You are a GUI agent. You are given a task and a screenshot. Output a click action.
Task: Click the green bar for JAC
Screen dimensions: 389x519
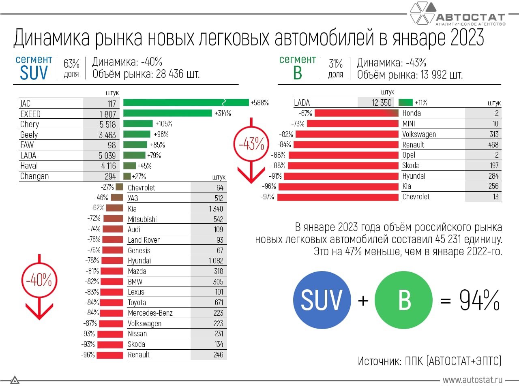[x=186, y=103]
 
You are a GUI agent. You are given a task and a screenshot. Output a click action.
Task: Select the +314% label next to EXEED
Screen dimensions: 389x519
[x=223, y=113]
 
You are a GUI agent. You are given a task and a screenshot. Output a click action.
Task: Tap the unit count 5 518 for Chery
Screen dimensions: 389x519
[x=107, y=124]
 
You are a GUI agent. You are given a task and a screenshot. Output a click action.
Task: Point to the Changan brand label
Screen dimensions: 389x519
[x=34, y=176]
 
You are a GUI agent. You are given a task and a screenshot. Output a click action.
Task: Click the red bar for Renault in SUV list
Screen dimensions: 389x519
[x=110, y=355]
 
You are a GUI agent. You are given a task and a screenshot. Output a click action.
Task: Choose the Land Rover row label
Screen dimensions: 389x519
[x=144, y=240]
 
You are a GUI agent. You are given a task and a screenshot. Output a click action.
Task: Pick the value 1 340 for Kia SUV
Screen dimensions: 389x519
[x=216, y=209]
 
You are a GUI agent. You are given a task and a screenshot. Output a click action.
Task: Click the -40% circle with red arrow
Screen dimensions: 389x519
[x=39, y=280]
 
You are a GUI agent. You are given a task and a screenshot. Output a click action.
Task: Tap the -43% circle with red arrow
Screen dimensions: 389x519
[x=251, y=144]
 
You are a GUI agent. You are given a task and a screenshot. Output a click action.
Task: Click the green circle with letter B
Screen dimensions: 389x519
[x=404, y=300]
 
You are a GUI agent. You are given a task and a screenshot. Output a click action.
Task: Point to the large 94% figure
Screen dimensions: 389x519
[x=479, y=300]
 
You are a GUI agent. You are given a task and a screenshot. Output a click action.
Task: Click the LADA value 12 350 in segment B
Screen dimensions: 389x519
[x=382, y=103]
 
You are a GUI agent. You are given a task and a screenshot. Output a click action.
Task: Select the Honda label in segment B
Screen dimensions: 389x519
[x=412, y=113]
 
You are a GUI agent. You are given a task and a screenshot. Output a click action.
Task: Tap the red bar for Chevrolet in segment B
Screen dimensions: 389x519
[x=338, y=197]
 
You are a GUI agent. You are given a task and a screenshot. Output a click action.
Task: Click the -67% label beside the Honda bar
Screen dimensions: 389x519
[x=305, y=113]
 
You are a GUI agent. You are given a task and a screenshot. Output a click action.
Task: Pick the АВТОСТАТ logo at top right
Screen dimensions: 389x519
[x=458, y=14]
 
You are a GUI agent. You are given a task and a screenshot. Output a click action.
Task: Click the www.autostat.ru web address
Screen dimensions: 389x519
[x=472, y=380]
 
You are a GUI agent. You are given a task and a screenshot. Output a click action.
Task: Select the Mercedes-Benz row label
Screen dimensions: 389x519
[x=150, y=313]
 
